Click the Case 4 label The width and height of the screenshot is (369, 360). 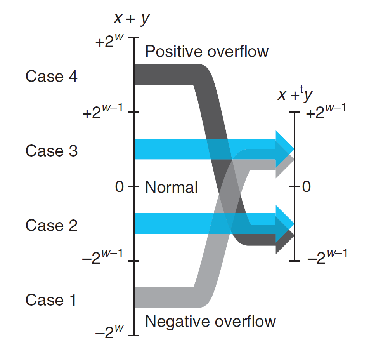51,77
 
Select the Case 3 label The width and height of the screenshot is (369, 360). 51,151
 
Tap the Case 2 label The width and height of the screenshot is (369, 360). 51,225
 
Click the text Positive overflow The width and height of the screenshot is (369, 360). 206,52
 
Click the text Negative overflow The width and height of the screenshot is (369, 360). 210,321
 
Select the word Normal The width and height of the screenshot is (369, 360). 171,187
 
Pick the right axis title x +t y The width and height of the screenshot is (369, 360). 295,95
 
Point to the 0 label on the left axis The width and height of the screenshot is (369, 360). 119,187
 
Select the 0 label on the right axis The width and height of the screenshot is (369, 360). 306,187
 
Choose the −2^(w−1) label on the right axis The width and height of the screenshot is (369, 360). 326,257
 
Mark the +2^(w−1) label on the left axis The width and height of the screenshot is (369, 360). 102,112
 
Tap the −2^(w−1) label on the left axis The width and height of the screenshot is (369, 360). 102,257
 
